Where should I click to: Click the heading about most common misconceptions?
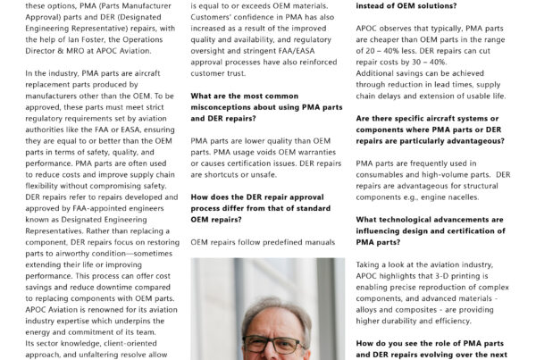coord(265,106)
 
